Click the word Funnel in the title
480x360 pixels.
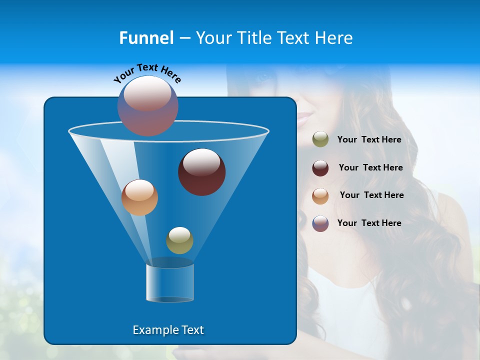point(146,38)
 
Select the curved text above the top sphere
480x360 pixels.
point(147,73)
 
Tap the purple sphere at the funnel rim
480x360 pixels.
point(148,105)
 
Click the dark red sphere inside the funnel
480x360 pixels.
point(202,172)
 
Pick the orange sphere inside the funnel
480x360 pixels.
point(139,197)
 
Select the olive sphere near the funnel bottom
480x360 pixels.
point(179,240)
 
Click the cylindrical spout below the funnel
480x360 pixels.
point(170,282)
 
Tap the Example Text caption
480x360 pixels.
point(168,330)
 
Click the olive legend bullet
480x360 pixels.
point(320,139)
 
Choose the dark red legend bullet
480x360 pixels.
point(320,168)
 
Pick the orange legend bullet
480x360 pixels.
point(320,196)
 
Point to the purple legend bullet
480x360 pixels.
point(320,223)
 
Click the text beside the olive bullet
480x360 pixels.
point(369,140)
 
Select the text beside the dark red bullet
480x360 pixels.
point(370,168)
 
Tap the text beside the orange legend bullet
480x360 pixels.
point(371,195)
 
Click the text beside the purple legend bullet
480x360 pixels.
point(369,223)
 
